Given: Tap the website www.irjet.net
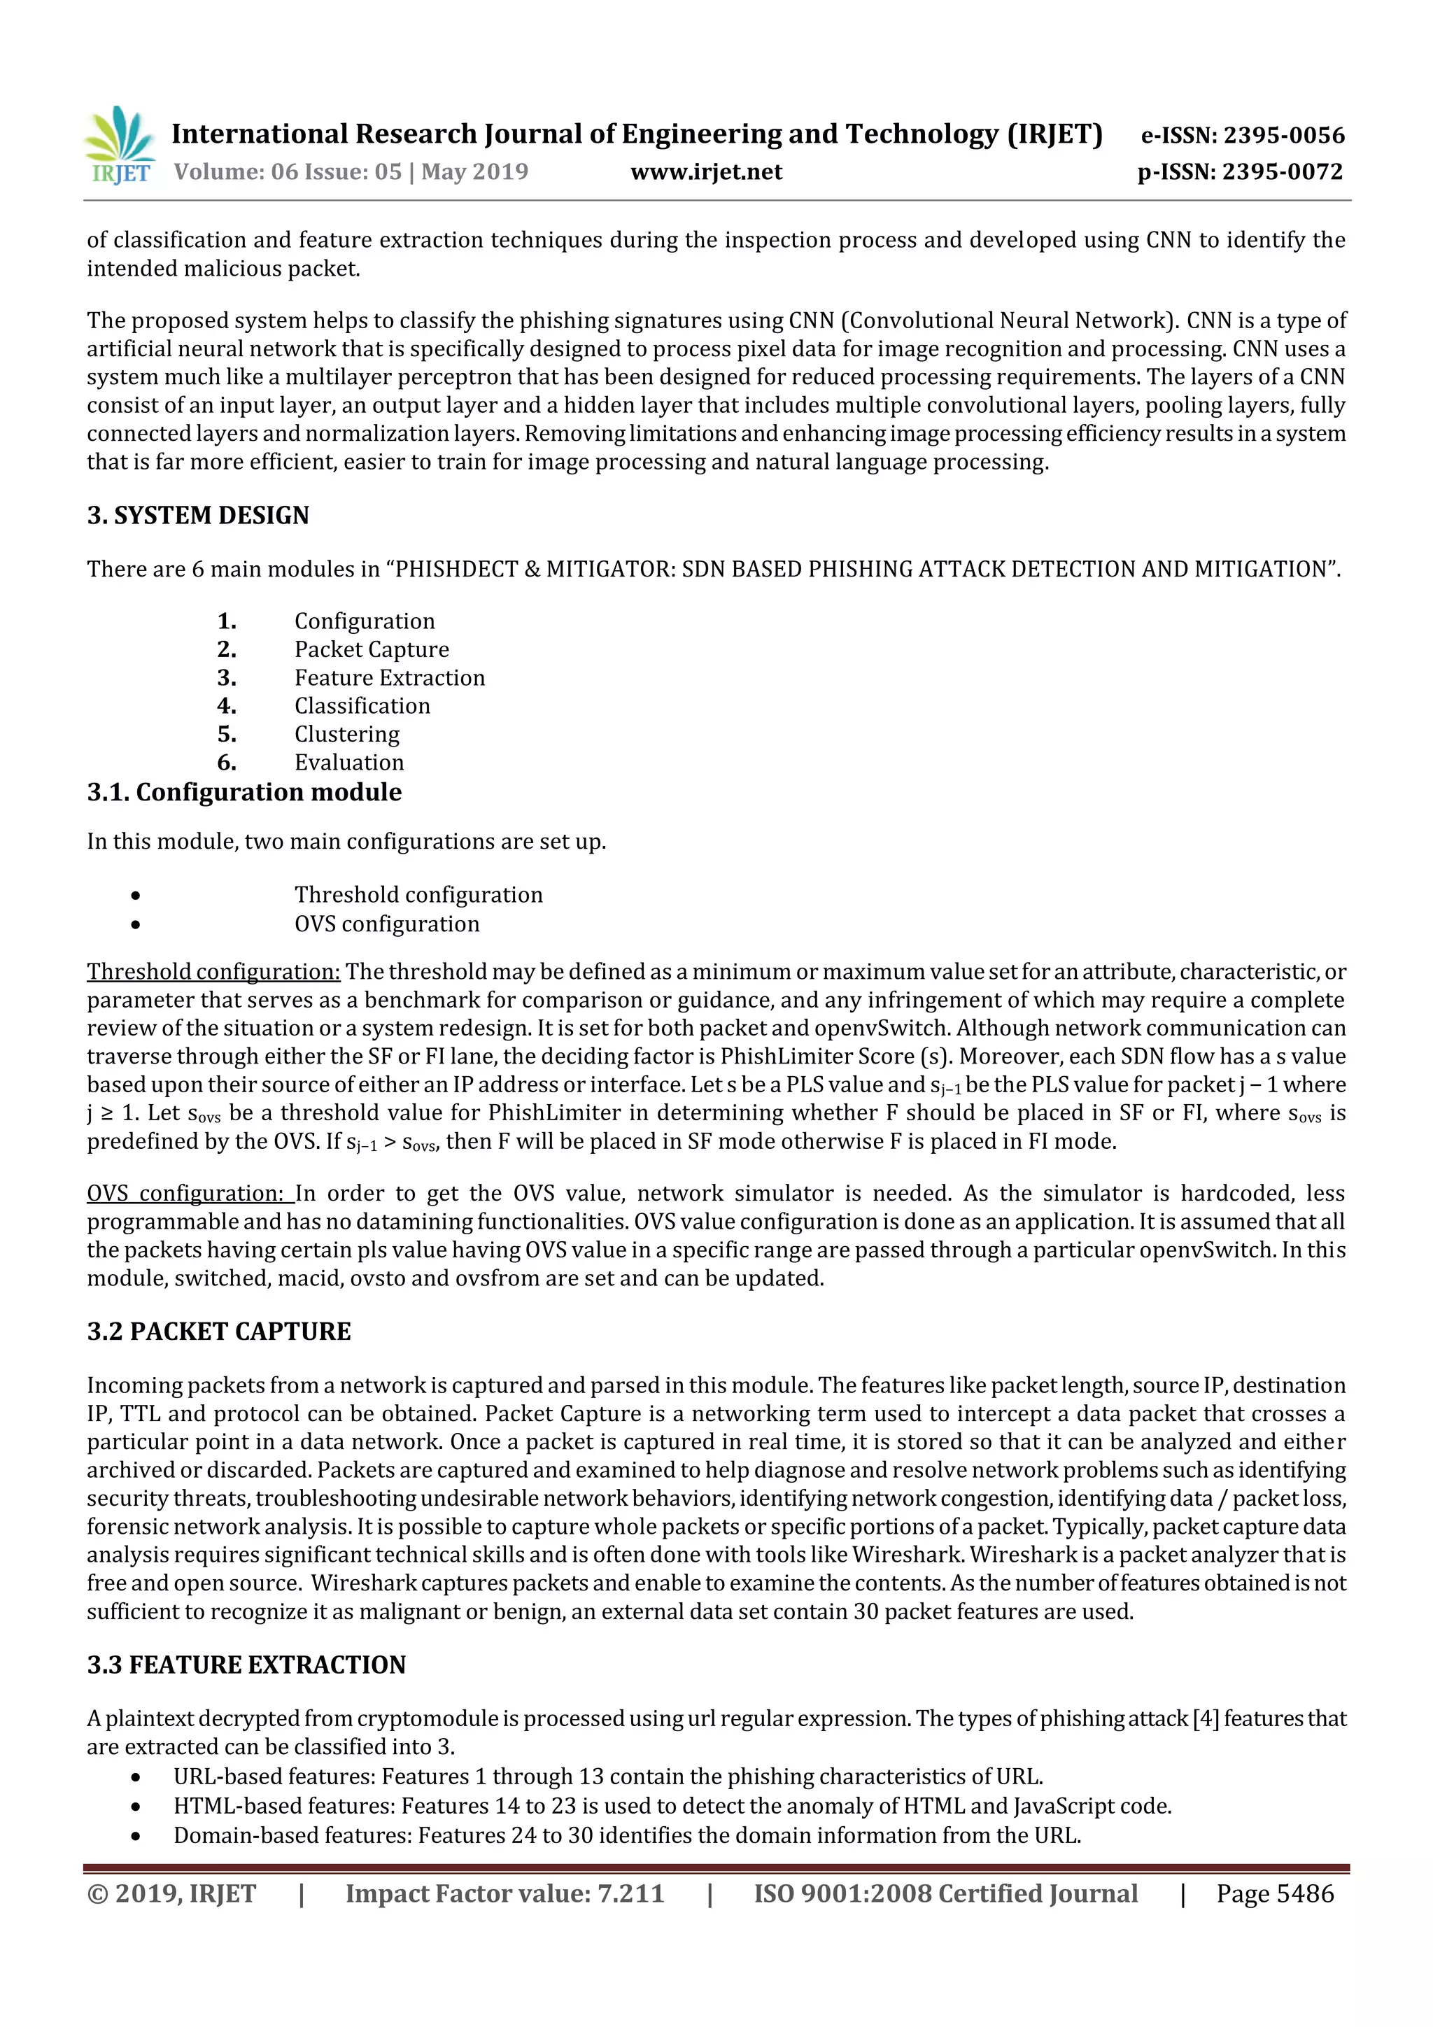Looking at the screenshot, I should pyautogui.click(x=705, y=172).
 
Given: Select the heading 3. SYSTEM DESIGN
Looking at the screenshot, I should pyautogui.click(x=198, y=515).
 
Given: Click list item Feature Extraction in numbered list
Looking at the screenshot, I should pyautogui.click(x=389, y=677).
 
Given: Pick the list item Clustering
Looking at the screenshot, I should pyautogui.click(x=347, y=734).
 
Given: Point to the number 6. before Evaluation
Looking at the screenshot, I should pyautogui.click(x=227, y=762).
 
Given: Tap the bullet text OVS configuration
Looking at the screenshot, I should pyautogui.click(x=387, y=924).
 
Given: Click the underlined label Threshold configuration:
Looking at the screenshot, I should pyautogui.click(x=213, y=971).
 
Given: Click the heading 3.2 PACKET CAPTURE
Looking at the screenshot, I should pyautogui.click(x=218, y=1332).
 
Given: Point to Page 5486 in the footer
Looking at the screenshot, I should pyautogui.click(x=1274, y=1893).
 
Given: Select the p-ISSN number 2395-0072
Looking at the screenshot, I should pyautogui.click(x=1240, y=172).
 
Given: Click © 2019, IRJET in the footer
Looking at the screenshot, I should pyautogui.click(x=171, y=1893).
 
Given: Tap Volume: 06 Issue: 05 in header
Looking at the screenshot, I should pyautogui.click(x=288, y=172).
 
